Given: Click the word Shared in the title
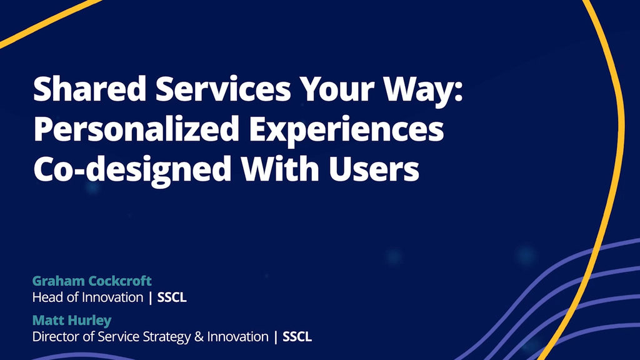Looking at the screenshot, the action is tap(89, 88).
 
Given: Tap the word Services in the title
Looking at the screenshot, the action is tap(223, 88).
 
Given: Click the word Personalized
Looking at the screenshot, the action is tap(136, 129).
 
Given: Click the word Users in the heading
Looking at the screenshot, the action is tap(374, 168).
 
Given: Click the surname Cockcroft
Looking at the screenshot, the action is tap(120, 281).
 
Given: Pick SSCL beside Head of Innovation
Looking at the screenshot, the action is tap(172, 297).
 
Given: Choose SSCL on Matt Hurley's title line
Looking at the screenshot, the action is tap(297, 337).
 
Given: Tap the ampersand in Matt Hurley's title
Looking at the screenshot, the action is tap(199, 337).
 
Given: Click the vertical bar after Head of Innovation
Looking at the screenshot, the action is tap(150, 297).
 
